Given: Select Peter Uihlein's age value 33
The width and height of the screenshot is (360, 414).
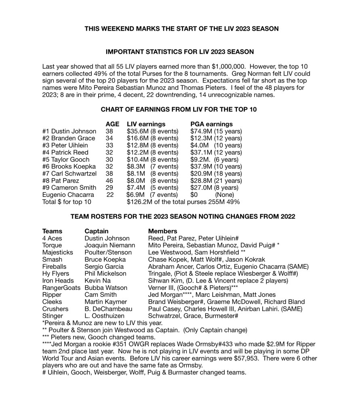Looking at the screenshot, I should [109, 145].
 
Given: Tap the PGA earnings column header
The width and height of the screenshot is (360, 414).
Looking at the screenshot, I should [211, 124].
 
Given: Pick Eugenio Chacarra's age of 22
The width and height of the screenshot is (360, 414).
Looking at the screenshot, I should [110, 195].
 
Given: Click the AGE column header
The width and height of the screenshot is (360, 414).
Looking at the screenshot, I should [112, 124].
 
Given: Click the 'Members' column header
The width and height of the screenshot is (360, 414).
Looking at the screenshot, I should [163, 231].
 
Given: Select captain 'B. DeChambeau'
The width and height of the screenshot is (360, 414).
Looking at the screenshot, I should [107, 308].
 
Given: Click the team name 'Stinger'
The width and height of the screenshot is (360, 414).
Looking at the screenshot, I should [53, 316].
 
